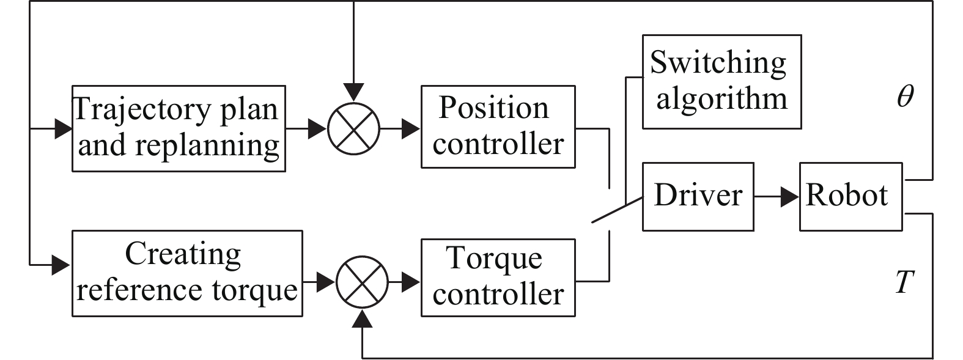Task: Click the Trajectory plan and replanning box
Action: [x=179, y=128]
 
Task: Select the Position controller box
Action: [x=498, y=127]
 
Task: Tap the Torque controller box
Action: [x=498, y=277]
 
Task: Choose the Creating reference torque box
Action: [x=187, y=273]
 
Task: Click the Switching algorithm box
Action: [x=721, y=81]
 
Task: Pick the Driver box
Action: [x=698, y=196]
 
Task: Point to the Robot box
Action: [x=850, y=196]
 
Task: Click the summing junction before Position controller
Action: [x=353, y=129]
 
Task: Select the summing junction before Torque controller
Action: [x=363, y=282]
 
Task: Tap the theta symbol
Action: [x=906, y=97]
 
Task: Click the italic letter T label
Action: [x=904, y=282]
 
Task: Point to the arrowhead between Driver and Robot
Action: [x=791, y=197]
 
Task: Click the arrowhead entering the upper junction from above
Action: [x=353, y=93]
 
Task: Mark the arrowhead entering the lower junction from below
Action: [x=363, y=317]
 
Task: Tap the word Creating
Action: [x=183, y=254]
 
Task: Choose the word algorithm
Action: [x=721, y=99]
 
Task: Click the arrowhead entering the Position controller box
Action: [x=411, y=129]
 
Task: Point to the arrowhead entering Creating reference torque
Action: [x=62, y=265]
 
